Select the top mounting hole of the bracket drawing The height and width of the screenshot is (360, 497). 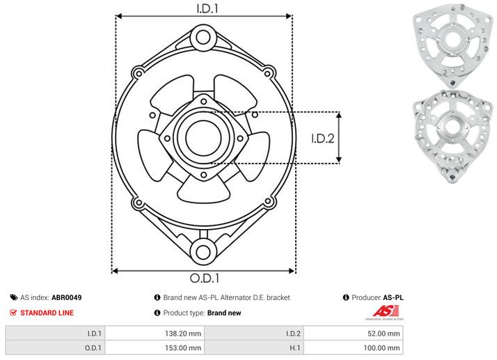click(203, 37)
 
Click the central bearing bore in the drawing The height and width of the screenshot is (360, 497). click(203, 134)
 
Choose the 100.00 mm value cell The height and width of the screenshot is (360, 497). click(381, 347)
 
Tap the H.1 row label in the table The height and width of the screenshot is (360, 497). click(296, 347)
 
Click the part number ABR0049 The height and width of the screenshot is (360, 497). click(67, 297)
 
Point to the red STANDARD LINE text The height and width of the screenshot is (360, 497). click(47, 313)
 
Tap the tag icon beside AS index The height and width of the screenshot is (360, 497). click(14, 297)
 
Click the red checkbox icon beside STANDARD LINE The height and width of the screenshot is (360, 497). click(14, 313)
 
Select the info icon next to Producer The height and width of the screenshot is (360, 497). click(346, 297)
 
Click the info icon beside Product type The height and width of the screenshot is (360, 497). click(157, 313)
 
